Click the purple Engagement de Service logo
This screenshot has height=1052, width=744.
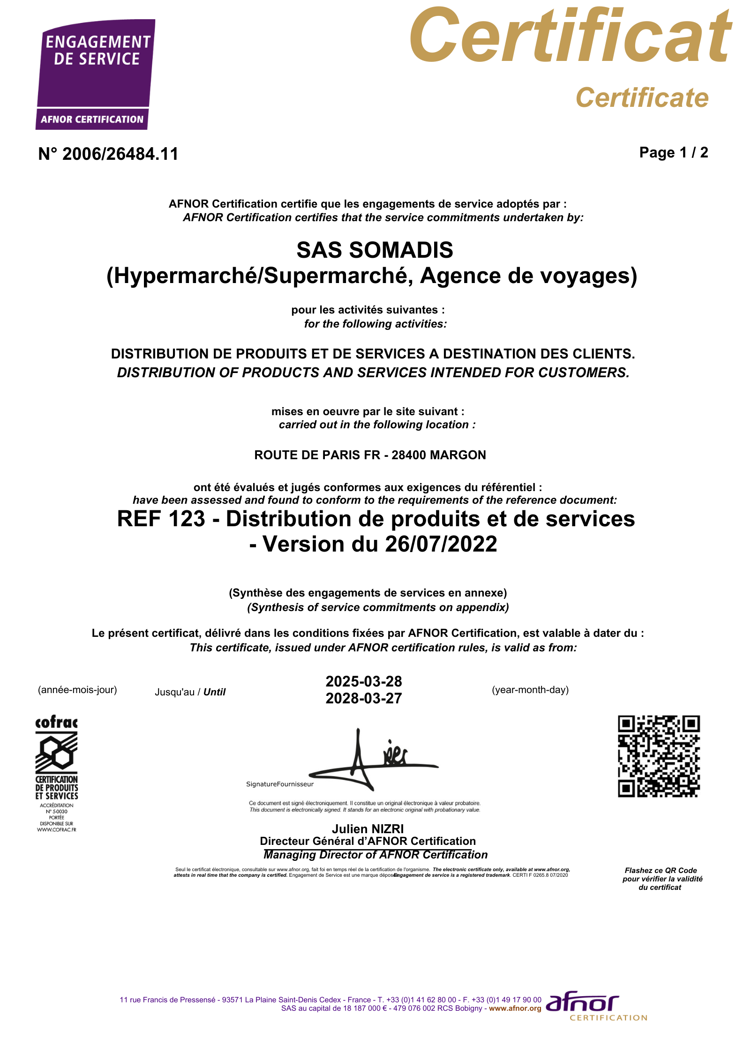(x=96, y=74)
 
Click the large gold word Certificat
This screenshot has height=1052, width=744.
(x=570, y=37)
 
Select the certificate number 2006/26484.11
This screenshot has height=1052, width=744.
(x=120, y=154)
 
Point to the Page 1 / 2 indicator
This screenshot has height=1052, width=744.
(x=673, y=153)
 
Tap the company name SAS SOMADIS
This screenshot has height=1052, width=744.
(x=375, y=250)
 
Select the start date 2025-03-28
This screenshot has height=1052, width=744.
(x=364, y=681)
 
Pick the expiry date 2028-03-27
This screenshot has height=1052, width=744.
(x=364, y=699)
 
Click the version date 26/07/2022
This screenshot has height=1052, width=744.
(x=441, y=545)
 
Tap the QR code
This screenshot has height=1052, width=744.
(x=659, y=756)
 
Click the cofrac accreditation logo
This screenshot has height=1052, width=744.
(x=57, y=773)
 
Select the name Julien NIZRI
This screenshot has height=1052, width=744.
(x=368, y=829)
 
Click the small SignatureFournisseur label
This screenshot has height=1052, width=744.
(x=280, y=784)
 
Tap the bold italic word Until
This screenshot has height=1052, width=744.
(x=214, y=692)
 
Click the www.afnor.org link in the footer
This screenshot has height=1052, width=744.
(x=515, y=1008)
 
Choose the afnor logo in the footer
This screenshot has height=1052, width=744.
(x=595, y=1007)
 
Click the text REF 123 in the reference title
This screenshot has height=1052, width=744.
(x=161, y=519)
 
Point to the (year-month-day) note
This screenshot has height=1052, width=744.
(x=530, y=690)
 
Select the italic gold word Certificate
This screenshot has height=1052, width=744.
(x=642, y=98)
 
